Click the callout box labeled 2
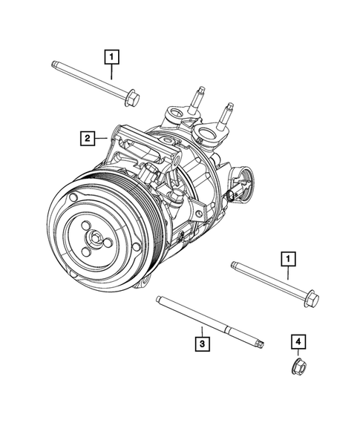tap(88, 137)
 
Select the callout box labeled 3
tap(201, 343)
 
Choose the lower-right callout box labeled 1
tap(287, 258)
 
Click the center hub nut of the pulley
tap(96, 237)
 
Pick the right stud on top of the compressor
tap(227, 114)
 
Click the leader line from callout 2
tap(103, 137)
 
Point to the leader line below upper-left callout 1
tap(111, 70)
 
